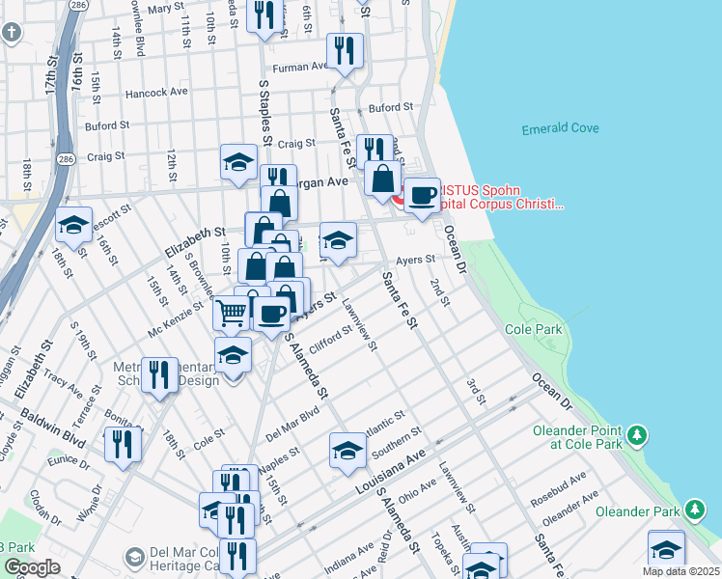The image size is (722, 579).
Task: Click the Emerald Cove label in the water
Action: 560,128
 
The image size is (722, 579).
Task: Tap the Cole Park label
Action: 533,330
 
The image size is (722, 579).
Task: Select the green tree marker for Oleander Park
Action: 695,509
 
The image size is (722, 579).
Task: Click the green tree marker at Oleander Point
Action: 636,436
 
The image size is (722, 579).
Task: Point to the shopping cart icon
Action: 231,312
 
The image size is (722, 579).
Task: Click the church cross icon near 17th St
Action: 11,34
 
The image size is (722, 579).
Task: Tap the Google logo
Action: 32,567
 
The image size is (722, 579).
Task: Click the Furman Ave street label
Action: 300,68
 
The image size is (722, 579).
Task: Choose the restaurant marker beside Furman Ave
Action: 345,49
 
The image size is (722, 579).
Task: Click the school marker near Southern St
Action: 347,450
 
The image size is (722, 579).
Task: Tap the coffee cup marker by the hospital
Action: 422,194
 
